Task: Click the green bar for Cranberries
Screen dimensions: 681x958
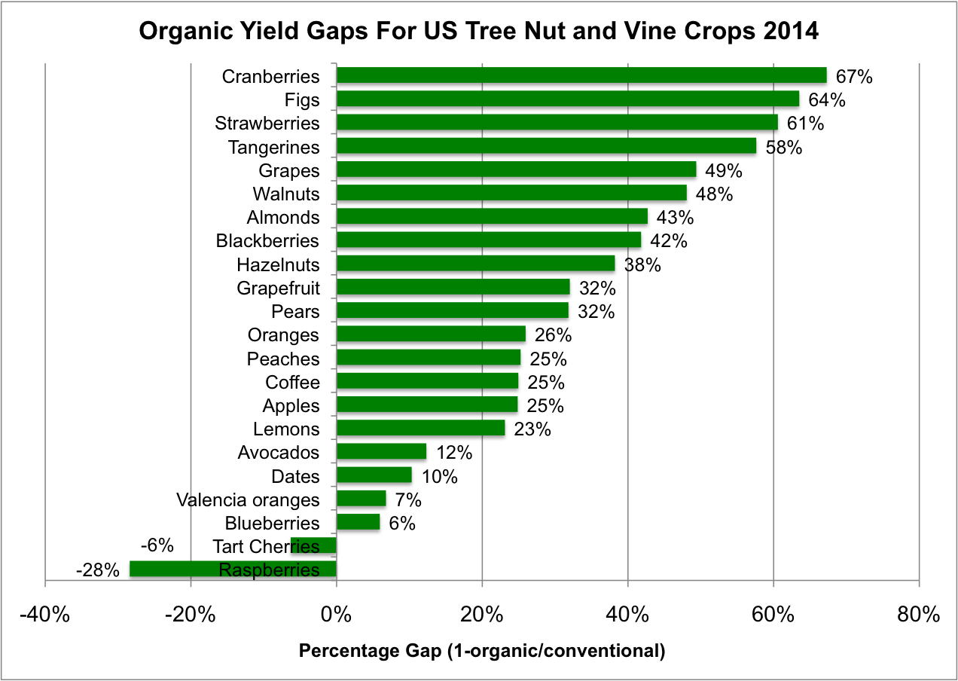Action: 581,75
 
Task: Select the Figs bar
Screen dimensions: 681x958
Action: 567,99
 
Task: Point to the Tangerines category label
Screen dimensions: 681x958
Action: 274,147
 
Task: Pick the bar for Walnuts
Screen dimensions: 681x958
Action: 511,194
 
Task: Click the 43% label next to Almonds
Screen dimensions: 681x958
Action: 675,218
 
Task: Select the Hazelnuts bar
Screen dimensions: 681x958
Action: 475,264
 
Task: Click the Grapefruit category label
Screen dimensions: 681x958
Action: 278,288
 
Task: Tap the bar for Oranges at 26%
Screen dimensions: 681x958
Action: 431,334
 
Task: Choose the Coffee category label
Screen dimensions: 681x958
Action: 292,382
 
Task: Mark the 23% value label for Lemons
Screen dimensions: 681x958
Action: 532,429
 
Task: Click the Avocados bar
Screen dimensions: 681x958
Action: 381,453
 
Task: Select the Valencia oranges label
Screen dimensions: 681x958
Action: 248,499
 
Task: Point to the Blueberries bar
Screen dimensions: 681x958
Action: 358,523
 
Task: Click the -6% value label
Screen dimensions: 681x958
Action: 157,545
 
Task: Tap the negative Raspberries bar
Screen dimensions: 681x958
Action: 233,570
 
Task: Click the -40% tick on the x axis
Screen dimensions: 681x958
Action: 45,615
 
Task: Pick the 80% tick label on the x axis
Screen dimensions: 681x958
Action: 920,615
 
